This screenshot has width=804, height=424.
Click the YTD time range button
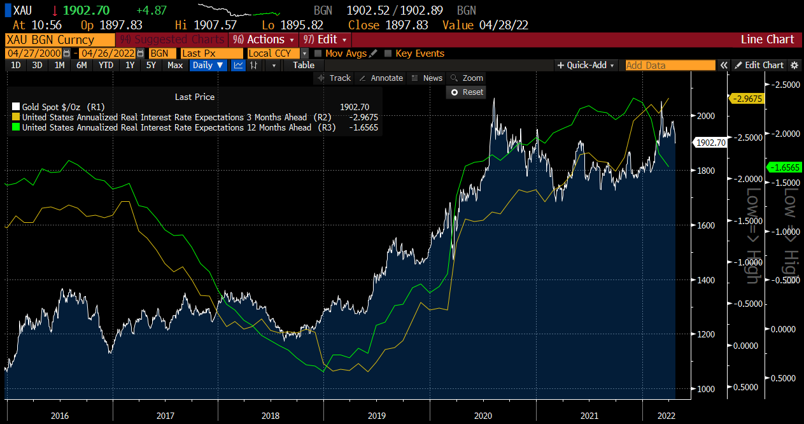click(x=106, y=65)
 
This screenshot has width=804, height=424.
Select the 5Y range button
click(x=151, y=65)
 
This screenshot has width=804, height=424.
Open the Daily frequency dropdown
click(x=208, y=65)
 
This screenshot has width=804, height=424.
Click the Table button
click(x=304, y=65)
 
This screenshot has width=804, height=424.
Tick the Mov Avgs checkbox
click(x=318, y=53)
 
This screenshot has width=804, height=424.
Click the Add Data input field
click(x=670, y=65)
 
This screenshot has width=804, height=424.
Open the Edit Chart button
click(x=759, y=65)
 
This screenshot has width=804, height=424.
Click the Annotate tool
click(x=381, y=78)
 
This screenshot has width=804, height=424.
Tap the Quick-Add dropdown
click(x=586, y=65)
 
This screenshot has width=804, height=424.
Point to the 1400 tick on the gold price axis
click(x=703, y=280)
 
